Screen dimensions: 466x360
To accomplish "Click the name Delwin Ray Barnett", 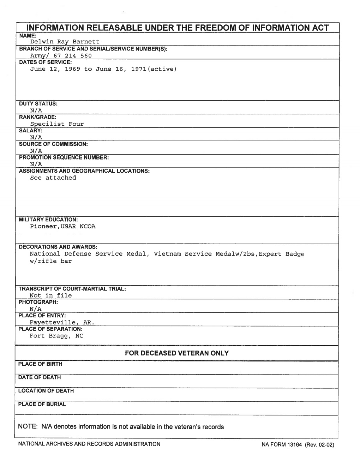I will pos(65,42).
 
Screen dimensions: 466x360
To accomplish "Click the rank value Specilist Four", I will pos(57,124).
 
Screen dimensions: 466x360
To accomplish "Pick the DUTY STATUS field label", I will pos(38,104).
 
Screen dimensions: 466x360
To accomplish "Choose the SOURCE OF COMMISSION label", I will pos(53,144).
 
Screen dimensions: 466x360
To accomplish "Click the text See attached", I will pos(53,178).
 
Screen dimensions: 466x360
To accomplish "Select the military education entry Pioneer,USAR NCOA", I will pos(62,226).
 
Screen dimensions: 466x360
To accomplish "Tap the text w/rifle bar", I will pos(50,261).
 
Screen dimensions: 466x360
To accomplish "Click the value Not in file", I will pos(50,295).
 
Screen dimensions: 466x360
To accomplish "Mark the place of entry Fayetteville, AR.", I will pos(62,322).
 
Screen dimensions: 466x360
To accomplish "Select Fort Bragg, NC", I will pos(56,336).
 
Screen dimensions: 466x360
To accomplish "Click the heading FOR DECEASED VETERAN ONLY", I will pos(176,353).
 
